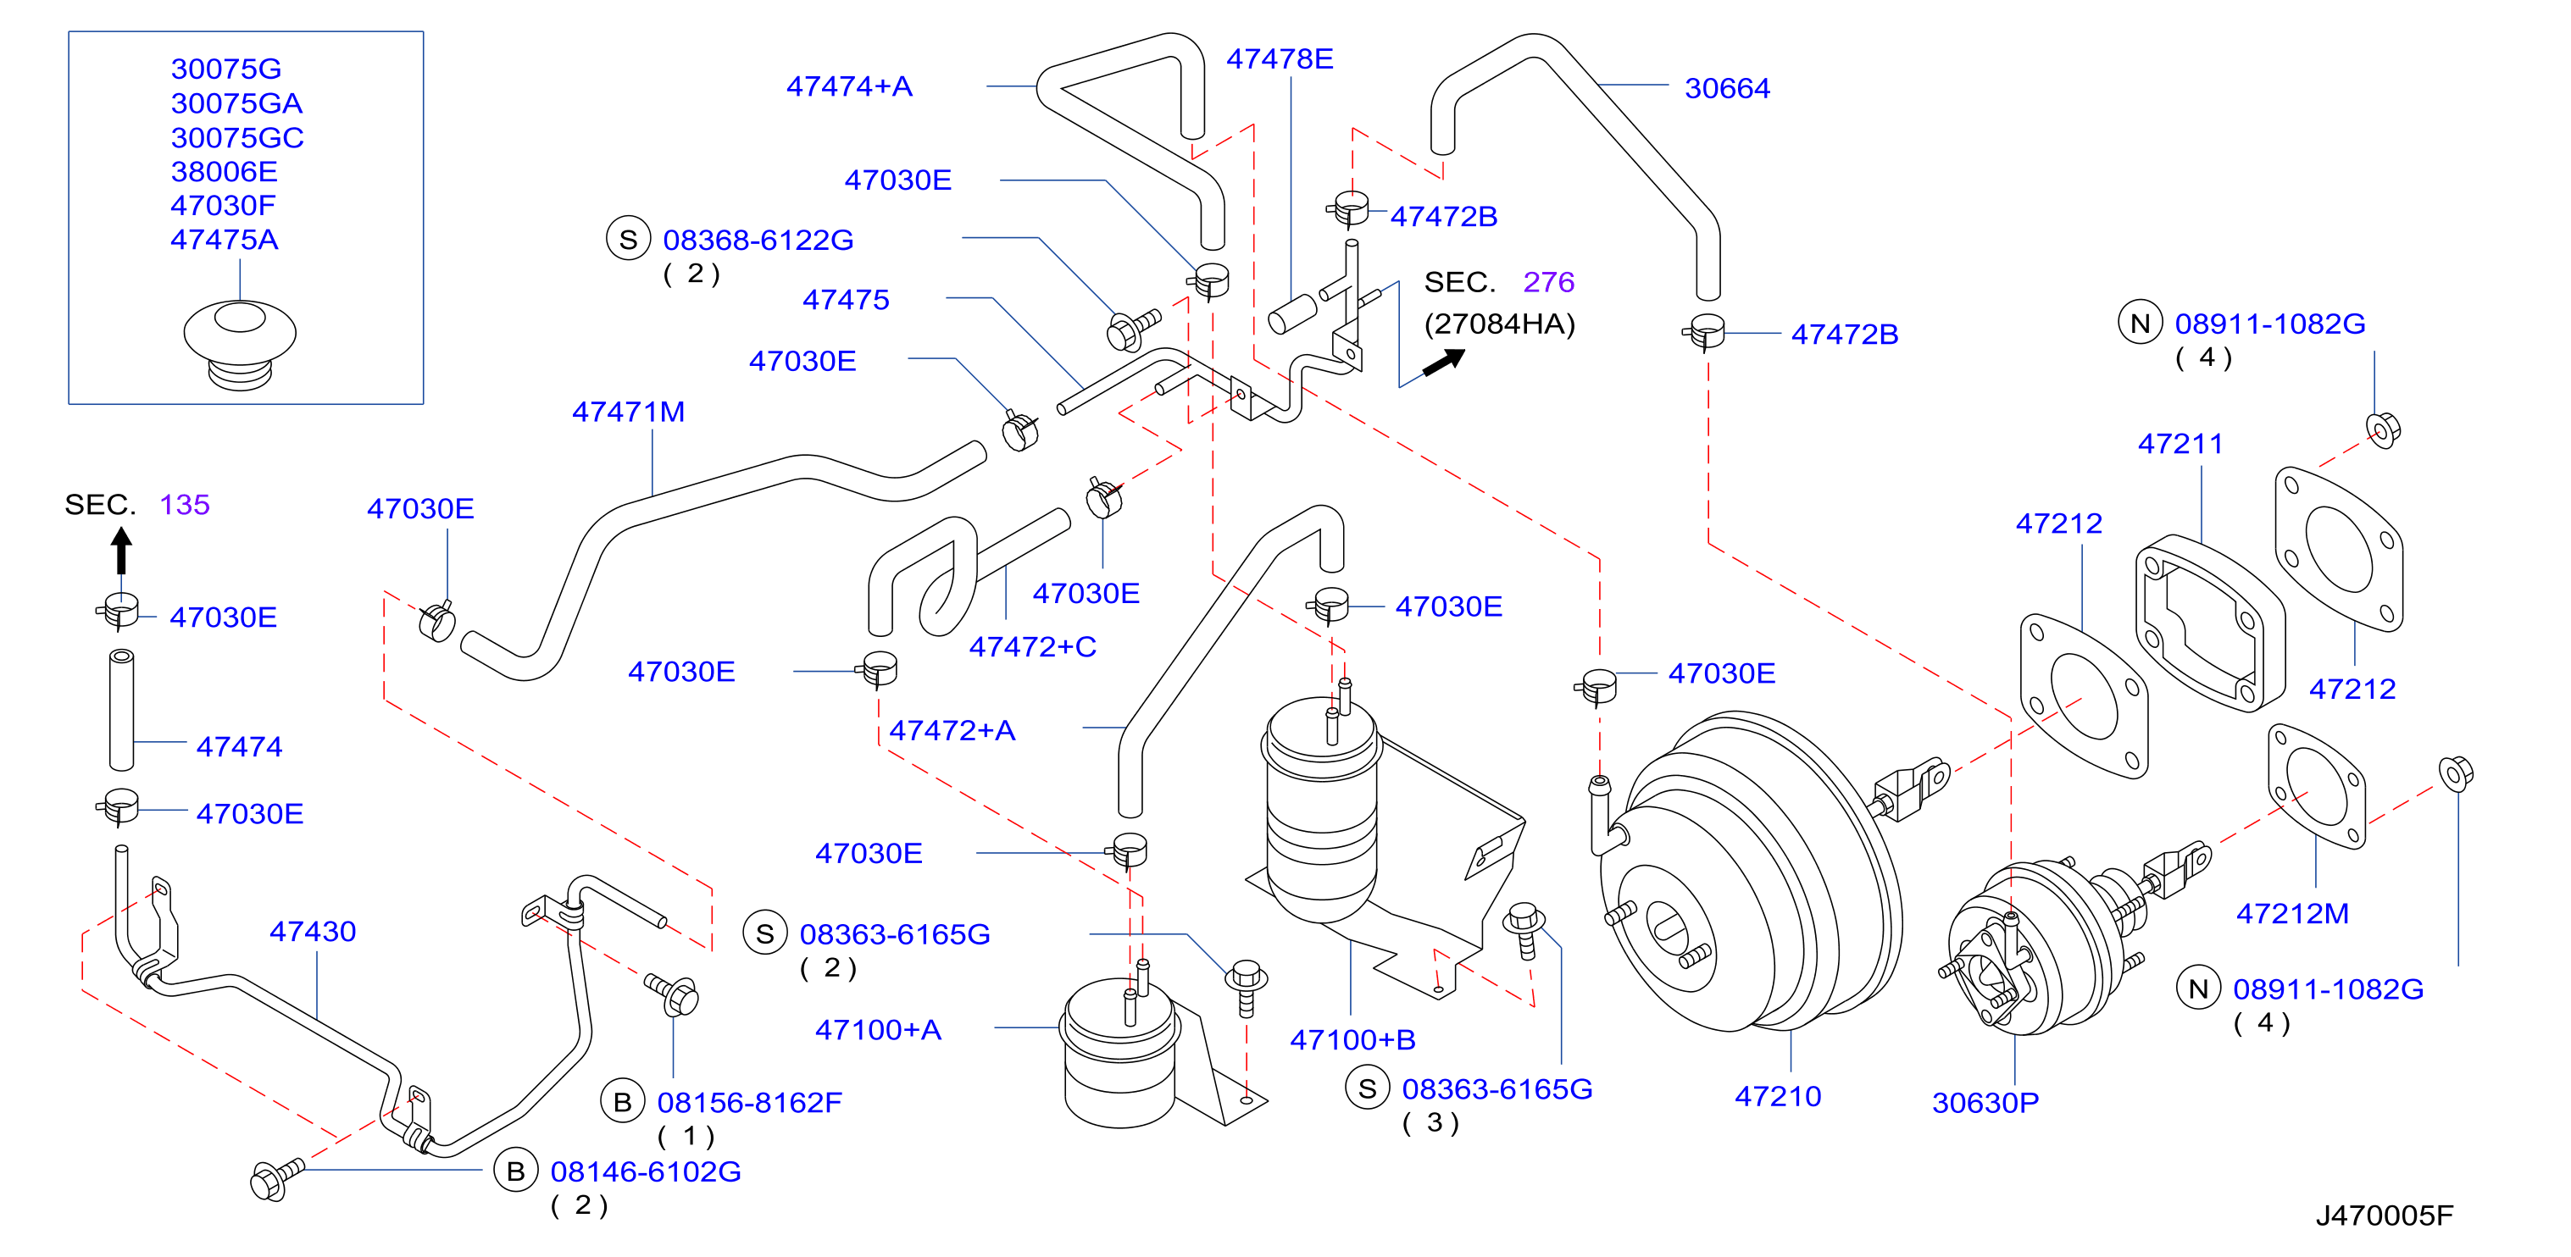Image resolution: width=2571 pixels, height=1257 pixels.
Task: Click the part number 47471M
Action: click(x=628, y=411)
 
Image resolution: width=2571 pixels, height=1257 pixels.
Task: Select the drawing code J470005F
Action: click(x=2384, y=1215)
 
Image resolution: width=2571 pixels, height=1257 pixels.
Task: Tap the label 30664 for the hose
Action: click(x=1727, y=88)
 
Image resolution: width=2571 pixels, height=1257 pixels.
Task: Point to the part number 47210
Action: click(x=1778, y=1096)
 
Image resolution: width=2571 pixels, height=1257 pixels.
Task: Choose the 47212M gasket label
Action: click(x=2291, y=913)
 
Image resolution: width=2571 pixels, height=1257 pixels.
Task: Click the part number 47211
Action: click(x=2180, y=443)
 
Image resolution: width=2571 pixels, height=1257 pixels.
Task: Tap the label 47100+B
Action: click(x=1352, y=1039)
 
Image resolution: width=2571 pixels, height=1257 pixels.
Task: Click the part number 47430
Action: click(x=313, y=931)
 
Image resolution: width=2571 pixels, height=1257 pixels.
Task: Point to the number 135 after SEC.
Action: click(x=185, y=505)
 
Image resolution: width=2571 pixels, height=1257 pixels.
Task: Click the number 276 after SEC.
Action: click(x=1548, y=282)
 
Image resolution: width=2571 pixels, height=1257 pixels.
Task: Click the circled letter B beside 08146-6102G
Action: click(x=516, y=1171)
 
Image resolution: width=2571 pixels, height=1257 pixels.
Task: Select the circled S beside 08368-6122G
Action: click(x=629, y=240)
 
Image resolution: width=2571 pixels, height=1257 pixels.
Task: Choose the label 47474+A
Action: click(x=849, y=86)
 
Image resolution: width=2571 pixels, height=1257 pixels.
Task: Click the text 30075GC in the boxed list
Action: click(x=237, y=138)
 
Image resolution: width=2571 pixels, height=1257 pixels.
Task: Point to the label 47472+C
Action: click(x=1033, y=647)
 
